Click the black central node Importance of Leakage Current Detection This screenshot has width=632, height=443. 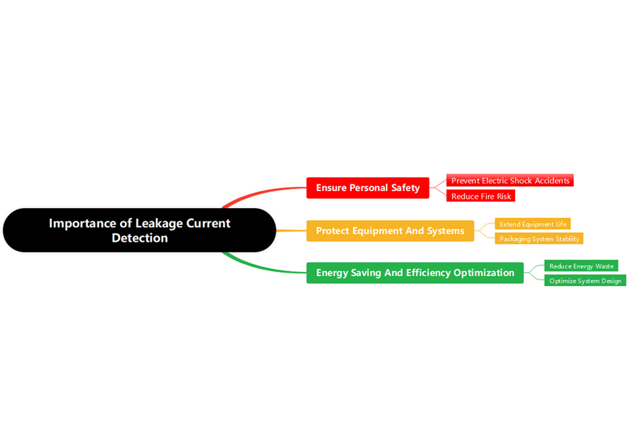139,230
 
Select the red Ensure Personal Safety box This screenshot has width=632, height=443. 367,188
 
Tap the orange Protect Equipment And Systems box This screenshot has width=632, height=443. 390,231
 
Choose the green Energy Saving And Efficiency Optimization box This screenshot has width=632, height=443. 415,273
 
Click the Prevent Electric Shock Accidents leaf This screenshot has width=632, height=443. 510,180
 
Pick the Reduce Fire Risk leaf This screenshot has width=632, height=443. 481,196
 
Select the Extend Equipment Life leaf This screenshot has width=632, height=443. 533,224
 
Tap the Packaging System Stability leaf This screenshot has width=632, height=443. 539,239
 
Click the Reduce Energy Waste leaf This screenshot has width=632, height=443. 581,266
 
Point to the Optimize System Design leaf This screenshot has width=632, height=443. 585,281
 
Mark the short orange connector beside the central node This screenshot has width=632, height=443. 291,231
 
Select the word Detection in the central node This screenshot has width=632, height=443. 140,239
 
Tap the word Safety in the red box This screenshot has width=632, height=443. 404,188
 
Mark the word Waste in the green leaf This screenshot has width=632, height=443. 605,266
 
